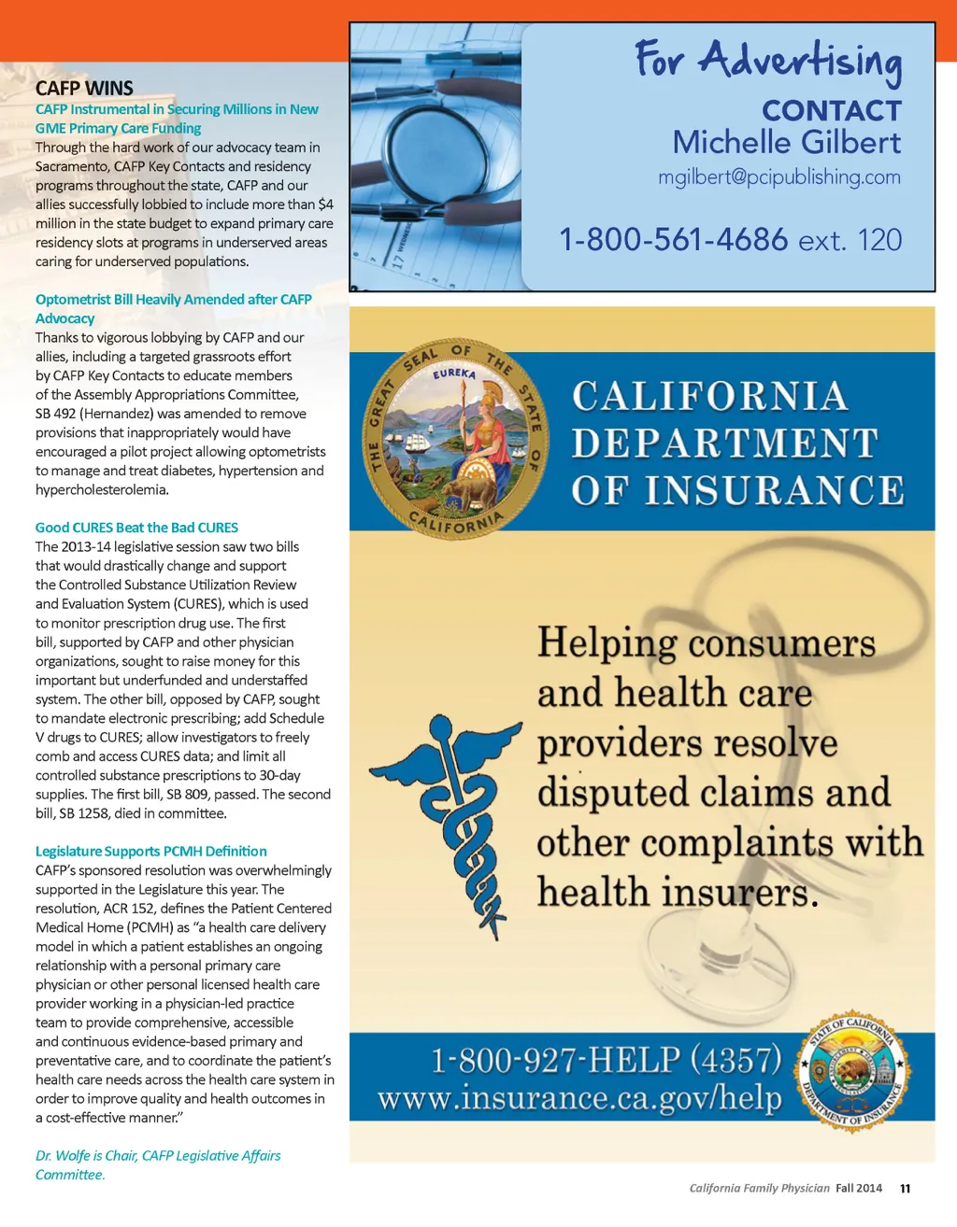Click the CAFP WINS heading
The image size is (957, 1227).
coord(84,89)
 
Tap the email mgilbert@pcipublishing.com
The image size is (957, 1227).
coord(778,177)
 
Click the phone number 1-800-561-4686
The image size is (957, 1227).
coord(673,240)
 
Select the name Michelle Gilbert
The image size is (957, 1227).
coord(786,143)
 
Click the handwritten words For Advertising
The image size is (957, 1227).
coord(768,62)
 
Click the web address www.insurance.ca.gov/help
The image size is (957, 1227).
coord(579,1098)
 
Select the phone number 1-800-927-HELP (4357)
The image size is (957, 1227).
coord(606,1060)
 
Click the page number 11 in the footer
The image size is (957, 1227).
coord(905,1189)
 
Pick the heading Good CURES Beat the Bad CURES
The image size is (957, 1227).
coord(136,528)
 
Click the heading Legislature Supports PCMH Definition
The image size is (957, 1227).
coord(150,852)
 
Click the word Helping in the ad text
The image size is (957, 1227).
coord(607,643)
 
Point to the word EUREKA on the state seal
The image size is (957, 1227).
coord(454,374)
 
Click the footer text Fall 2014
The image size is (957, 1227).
coord(859,1189)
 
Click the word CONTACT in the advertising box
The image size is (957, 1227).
coord(831,111)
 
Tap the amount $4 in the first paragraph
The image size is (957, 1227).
coord(325,204)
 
